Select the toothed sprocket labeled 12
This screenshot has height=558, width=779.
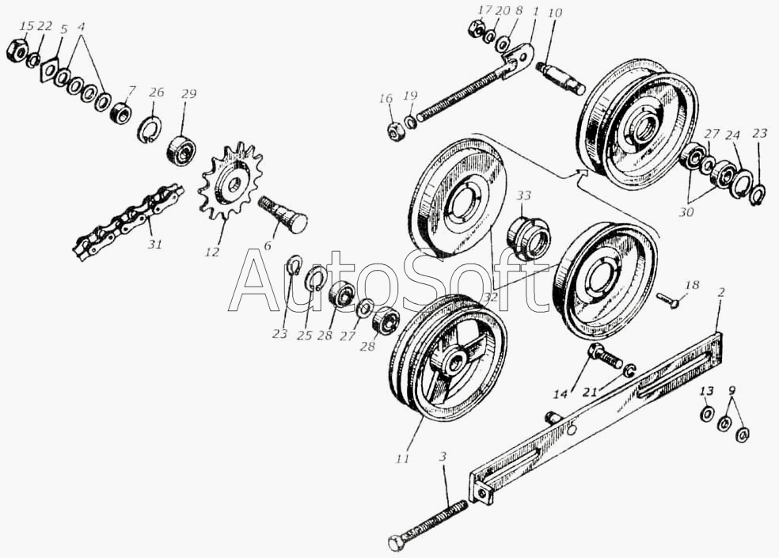tap(230, 182)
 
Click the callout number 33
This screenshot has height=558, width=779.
tap(523, 196)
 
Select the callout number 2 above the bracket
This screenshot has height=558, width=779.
tap(721, 293)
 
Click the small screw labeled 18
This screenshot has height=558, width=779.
tap(667, 300)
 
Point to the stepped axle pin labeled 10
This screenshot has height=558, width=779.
tap(561, 79)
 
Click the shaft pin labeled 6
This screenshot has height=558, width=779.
tap(283, 214)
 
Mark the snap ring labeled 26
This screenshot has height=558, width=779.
tap(150, 128)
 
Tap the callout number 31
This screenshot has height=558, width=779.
tap(154, 245)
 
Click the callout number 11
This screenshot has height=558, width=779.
tap(403, 457)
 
